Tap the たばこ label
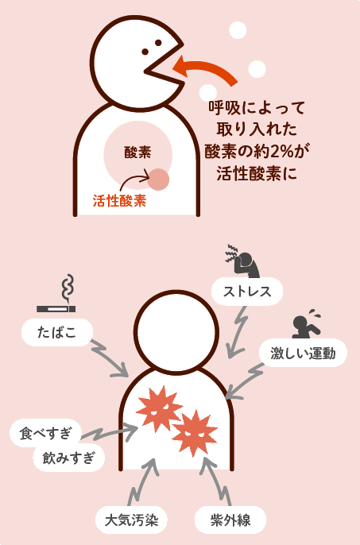click(57, 333)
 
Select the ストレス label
click(247, 292)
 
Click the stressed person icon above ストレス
click(242, 261)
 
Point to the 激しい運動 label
click(303, 353)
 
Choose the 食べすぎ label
click(45, 433)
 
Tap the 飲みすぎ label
click(68, 458)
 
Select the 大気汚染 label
click(131, 520)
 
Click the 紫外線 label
click(230, 520)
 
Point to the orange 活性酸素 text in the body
click(119, 201)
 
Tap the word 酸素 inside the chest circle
click(137, 153)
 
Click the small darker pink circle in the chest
click(158, 180)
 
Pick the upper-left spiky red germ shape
click(159, 408)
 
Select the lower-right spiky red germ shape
click(195, 433)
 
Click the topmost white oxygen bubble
click(238, 30)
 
